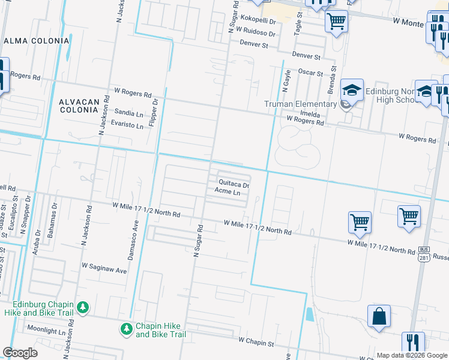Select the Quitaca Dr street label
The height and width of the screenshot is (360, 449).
(234, 184)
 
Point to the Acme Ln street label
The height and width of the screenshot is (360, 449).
(228, 193)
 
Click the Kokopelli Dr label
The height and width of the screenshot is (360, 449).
(255, 20)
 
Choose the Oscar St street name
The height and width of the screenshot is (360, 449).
(311, 73)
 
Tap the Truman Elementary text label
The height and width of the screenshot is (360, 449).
(301, 104)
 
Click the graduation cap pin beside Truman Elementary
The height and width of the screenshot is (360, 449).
(352, 91)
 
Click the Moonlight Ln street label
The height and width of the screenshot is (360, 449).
(46, 331)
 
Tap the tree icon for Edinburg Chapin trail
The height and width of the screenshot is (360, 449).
(82, 307)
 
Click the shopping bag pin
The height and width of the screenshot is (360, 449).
(379, 317)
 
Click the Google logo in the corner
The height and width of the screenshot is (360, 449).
(20, 352)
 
